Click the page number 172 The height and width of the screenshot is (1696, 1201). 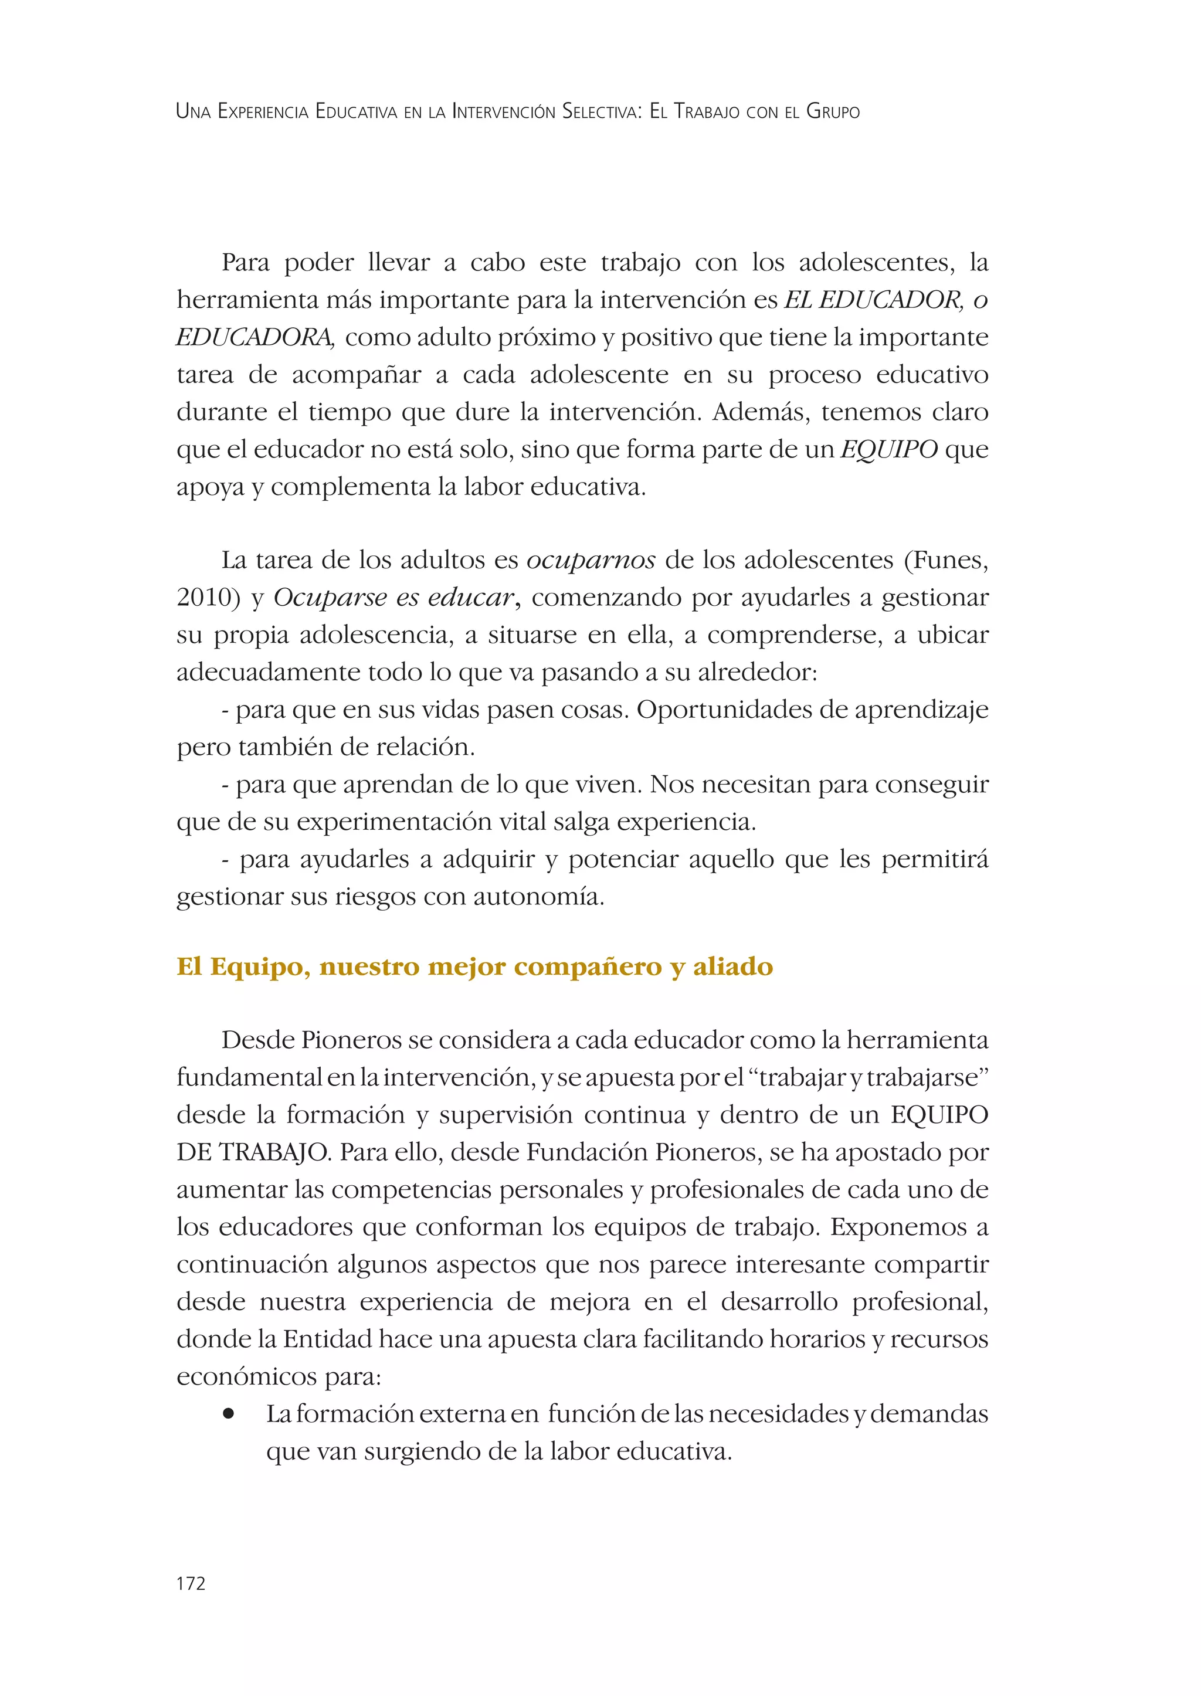(191, 1583)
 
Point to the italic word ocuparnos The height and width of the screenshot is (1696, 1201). (590, 561)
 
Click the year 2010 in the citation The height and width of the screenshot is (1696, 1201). (203, 598)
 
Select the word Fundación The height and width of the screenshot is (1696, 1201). (572, 1152)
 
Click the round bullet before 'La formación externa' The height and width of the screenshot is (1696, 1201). (229, 1414)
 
